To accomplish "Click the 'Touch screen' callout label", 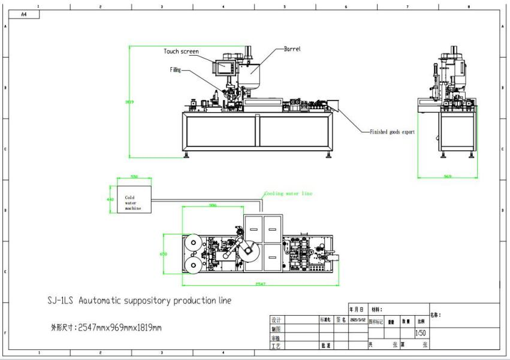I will [181, 52].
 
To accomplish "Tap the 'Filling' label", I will [175, 70].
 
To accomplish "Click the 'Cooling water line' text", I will [288, 193].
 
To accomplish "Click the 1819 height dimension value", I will [129, 102].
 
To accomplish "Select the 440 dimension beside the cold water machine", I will [110, 199].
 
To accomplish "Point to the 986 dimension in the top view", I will [212, 205].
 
